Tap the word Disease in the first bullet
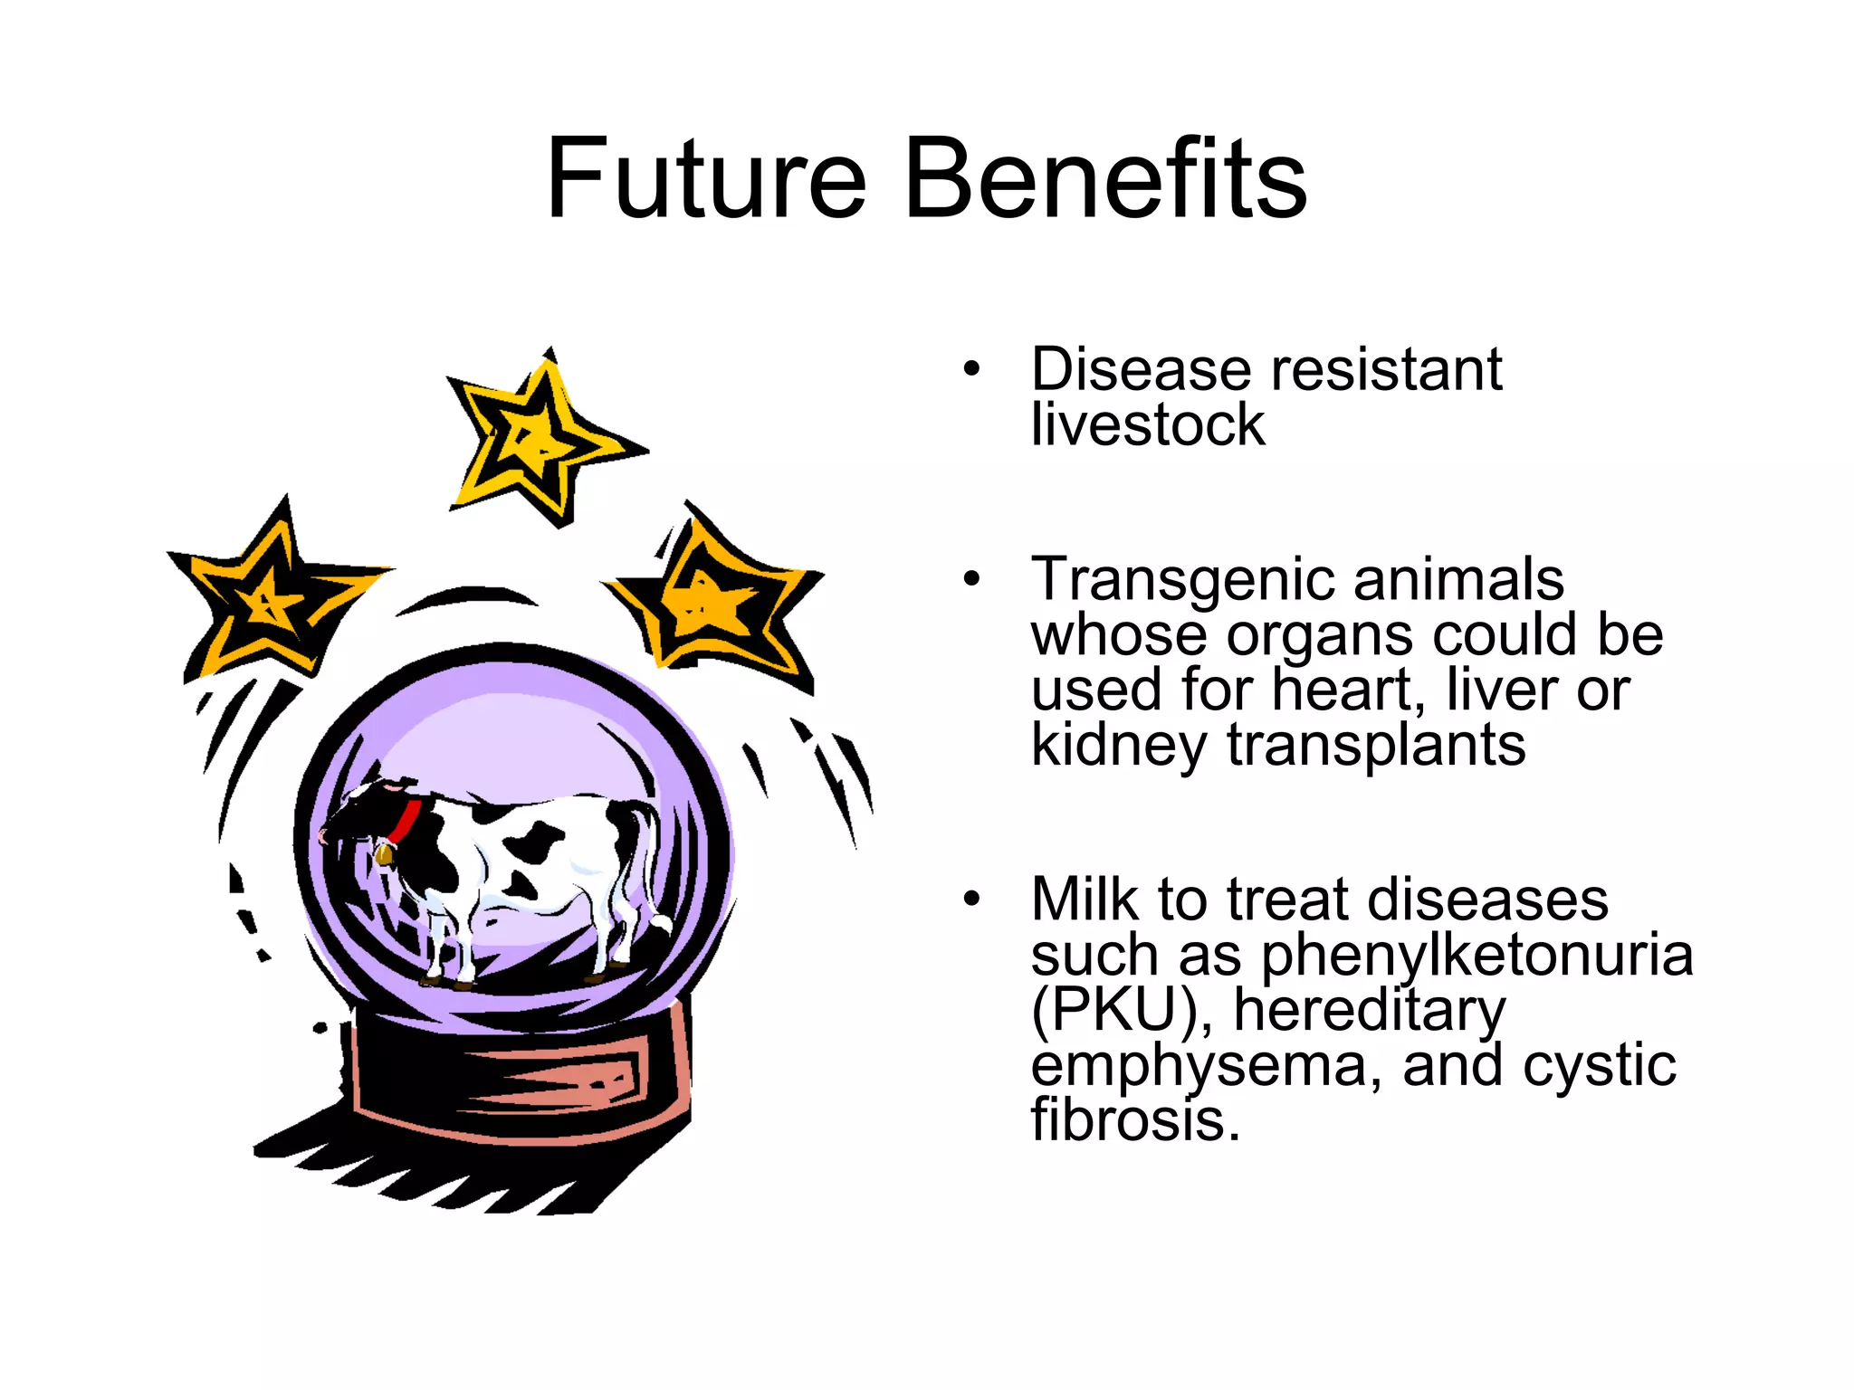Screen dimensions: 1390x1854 coord(1142,370)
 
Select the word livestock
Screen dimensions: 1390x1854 coord(1147,425)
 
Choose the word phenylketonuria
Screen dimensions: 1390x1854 coord(1477,956)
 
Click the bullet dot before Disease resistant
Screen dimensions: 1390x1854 coord(971,370)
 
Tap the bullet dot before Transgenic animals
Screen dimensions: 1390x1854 coord(971,579)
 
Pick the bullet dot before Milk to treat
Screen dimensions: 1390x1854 coord(971,900)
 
